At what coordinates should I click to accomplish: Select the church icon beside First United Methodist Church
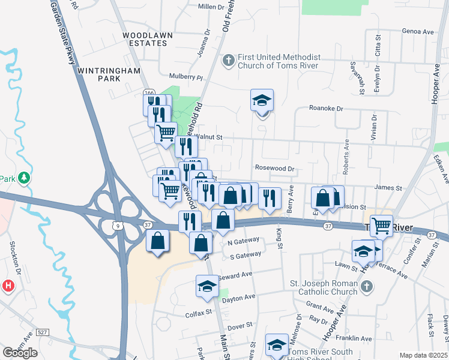click(229, 61)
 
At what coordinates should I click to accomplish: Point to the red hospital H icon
click(7, 286)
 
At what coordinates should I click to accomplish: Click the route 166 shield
click(149, 92)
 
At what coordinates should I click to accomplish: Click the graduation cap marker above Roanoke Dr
click(262, 100)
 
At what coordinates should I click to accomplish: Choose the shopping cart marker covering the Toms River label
click(381, 226)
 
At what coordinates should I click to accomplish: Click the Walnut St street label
click(209, 137)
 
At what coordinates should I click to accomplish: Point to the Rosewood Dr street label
click(275, 169)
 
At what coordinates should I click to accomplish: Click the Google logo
click(20, 353)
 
